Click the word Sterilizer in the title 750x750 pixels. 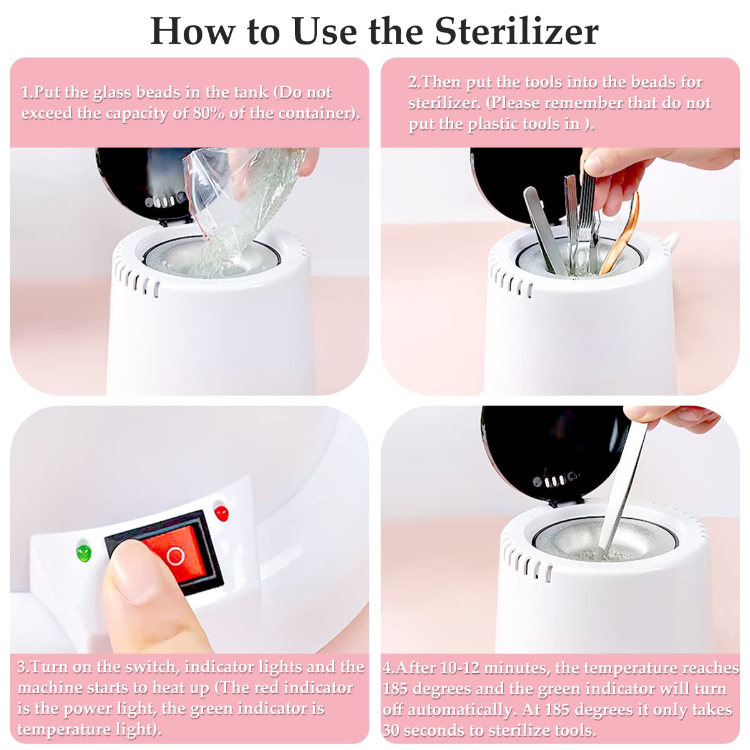[x=516, y=32]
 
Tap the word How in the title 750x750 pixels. [x=193, y=32]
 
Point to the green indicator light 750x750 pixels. [x=84, y=552]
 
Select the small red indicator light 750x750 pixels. [x=221, y=514]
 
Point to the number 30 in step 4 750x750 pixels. [x=391, y=730]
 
